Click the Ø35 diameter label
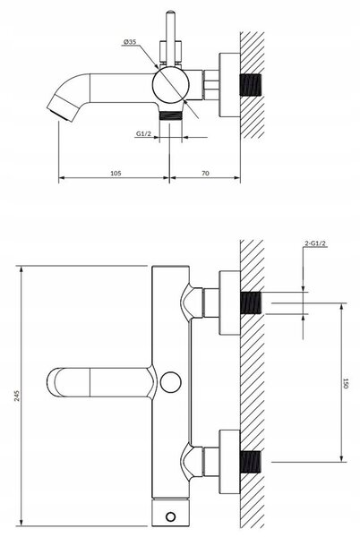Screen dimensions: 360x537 (130, 42)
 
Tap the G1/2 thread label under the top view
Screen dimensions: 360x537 (143, 134)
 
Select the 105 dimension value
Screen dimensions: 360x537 (116, 174)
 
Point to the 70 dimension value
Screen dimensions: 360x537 (205, 174)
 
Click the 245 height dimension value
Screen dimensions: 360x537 (18, 396)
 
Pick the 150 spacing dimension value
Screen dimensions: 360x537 (346, 383)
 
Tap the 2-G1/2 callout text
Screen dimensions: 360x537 (315, 243)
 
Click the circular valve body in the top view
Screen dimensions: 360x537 (170, 85)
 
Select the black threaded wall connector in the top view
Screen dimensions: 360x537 (251, 85)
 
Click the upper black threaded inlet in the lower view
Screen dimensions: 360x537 (251, 303)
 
